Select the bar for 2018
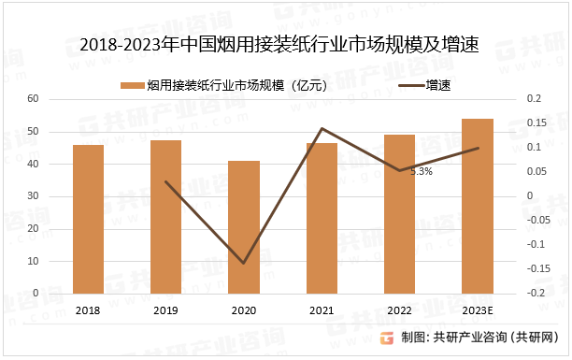click(88, 219)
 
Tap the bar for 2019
click(165, 217)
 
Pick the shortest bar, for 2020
click(244, 227)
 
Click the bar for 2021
click(322, 218)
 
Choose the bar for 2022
click(399, 214)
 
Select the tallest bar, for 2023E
click(478, 206)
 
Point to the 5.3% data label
click(422, 172)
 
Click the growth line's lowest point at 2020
click(244, 263)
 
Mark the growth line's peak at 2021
click(322, 128)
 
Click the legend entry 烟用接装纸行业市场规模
click(223, 85)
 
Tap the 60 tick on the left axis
click(33, 99)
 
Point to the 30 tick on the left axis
click(33, 196)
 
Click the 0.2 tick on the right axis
click(534, 99)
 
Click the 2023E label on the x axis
click(478, 310)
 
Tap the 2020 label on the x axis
click(244, 310)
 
